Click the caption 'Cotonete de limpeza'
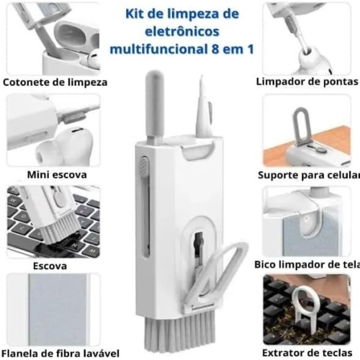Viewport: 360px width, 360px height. pos(56,82)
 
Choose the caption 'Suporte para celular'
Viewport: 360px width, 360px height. pos(308,175)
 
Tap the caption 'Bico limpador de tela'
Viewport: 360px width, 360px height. pos(307,265)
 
